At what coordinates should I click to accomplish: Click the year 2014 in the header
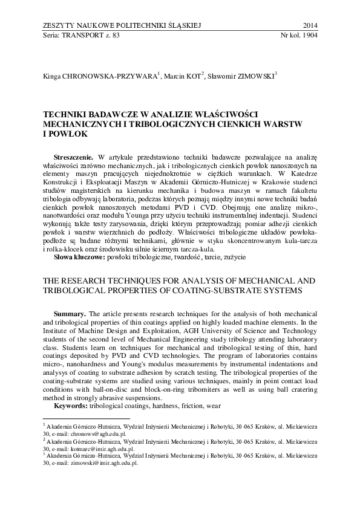pyautogui.click(x=309, y=25)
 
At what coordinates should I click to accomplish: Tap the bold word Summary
pyautogui.click(x=70, y=314)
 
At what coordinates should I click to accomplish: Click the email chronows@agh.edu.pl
pyautogui.click(x=100, y=433)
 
